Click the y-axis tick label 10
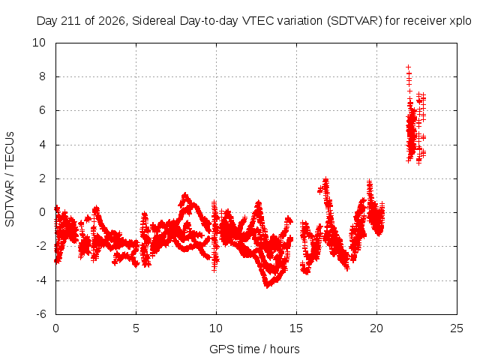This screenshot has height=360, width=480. point(39,43)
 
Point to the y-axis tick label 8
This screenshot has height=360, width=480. point(42,76)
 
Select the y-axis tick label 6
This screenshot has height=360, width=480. point(42,110)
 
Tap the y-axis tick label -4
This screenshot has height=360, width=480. point(40,280)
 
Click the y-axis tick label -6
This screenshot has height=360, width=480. point(40,314)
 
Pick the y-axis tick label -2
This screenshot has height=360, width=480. point(40,246)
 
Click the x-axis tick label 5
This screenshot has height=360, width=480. point(136,328)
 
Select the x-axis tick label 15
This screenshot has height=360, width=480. point(296,328)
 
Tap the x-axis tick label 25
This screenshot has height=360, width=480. point(457,328)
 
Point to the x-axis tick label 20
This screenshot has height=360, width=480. point(376,328)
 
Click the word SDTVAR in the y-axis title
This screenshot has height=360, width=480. point(10,203)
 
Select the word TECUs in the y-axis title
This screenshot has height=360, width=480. point(10,150)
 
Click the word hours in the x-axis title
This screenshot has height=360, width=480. point(285,349)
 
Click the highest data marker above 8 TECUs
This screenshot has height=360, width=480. point(408,67)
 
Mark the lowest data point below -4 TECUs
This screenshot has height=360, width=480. point(267,286)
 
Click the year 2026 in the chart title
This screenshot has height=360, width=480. point(112,21)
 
